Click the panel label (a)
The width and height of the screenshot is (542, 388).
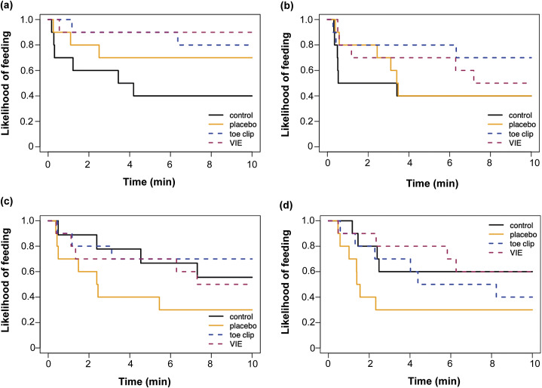pyautogui.click(x=9, y=6)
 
